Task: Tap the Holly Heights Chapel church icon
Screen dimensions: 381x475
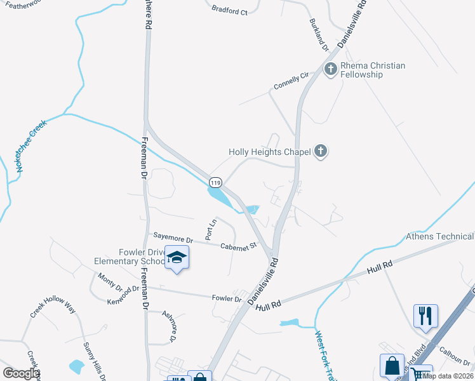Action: [321, 151]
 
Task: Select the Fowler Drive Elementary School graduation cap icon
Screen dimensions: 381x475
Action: [177, 258]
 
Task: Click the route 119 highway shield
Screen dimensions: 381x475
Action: [215, 181]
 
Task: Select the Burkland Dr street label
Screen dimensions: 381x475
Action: [319, 39]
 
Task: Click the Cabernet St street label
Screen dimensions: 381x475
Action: [237, 246]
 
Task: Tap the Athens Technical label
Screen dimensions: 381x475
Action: [439, 237]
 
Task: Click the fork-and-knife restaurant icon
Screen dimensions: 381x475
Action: [425, 315]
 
